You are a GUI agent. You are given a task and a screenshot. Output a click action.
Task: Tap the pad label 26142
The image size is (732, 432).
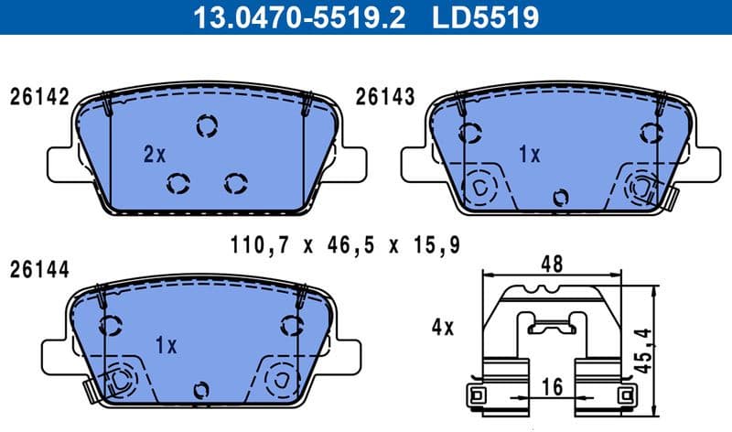(x=39, y=97)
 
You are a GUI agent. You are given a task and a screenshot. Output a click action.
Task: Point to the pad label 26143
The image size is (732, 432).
(x=385, y=97)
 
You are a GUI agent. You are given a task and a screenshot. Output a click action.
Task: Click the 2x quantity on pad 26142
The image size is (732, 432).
(x=154, y=155)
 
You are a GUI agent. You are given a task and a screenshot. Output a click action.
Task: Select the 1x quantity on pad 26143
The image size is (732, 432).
(x=529, y=155)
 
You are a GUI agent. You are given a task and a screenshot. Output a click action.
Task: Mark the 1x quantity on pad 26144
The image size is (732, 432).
(x=166, y=345)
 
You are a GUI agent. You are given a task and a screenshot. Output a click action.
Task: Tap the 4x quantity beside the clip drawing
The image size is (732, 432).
(x=442, y=327)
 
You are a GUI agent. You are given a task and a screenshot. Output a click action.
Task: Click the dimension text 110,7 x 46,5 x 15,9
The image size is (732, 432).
(x=343, y=244)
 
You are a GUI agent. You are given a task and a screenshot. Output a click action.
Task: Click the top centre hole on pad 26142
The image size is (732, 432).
(x=207, y=125)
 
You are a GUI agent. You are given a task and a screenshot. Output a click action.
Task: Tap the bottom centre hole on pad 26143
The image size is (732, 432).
(x=562, y=196)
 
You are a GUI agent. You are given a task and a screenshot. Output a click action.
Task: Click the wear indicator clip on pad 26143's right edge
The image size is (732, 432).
(x=671, y=196)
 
